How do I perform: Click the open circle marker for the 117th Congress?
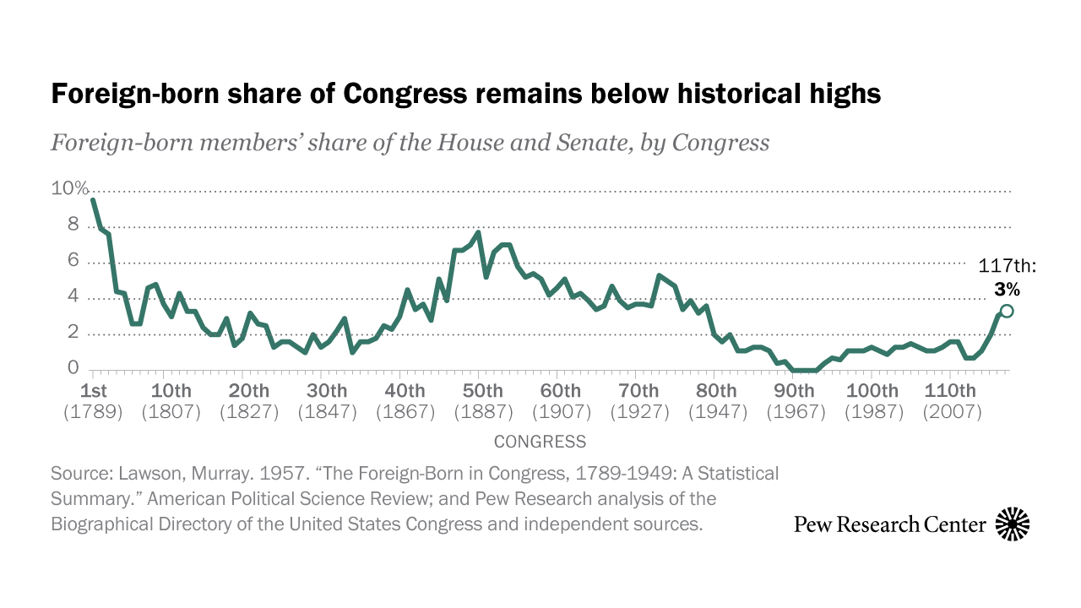(1006, 311)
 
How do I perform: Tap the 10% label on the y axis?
(69, 188)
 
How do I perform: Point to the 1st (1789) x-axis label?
(93, 401)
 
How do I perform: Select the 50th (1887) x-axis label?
(483, 401)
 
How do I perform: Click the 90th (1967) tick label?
(796, 401)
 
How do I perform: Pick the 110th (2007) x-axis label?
(951, 401)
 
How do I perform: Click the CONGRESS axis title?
(540, 442)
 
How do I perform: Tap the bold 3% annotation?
(1007, 289)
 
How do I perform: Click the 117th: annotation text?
(1007, 266)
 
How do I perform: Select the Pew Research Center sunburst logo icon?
(1013, 524)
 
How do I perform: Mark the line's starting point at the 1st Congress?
(93, 200)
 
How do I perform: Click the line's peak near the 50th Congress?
(478, 232)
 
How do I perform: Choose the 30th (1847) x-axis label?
(327, 401)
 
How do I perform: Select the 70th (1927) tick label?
(639, 401)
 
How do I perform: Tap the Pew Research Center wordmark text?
(890, 524)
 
